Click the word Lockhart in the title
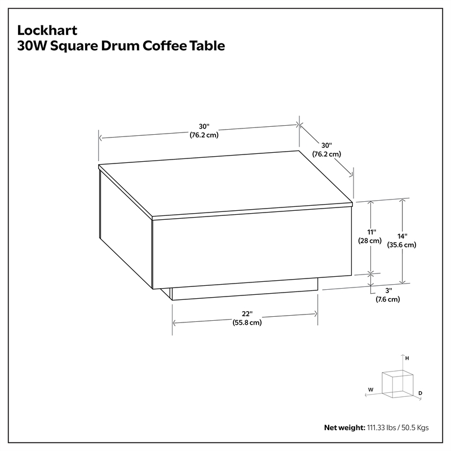[x=47, y=30]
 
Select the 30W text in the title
[x=32, y=46]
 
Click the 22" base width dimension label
[x=247, y=313]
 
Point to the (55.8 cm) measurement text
[x=247, y=322]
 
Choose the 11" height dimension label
[x=372, y=232]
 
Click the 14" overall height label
[x=402, y=236]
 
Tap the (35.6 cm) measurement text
[x=401, y=245]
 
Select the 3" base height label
[x=388, y=290]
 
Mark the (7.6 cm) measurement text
[x=388, y=299]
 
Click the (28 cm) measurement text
[x=370, y=241]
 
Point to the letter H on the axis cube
[x=407, y=359]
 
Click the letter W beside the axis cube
[x=371, y=390]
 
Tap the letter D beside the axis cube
[x=420, y=393]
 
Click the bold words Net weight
[x=344, y=428]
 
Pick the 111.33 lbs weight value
[x=382, y=428]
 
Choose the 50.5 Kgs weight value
[x=415, y=428]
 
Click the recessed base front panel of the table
[x=245, y=289]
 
